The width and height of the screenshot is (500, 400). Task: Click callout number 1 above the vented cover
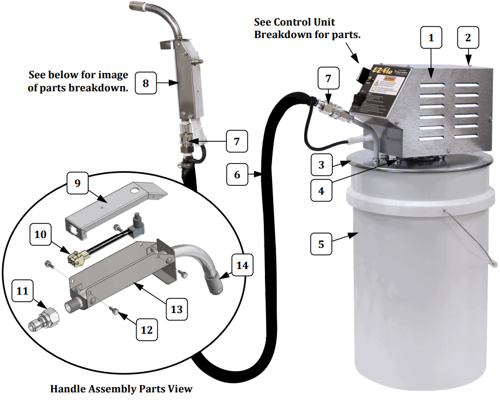click(431, 38)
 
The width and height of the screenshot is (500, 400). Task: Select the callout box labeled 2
click(468, 38)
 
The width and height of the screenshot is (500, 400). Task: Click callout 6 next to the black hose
click(237, 174)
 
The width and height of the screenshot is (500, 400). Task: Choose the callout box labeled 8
click(145, 83)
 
